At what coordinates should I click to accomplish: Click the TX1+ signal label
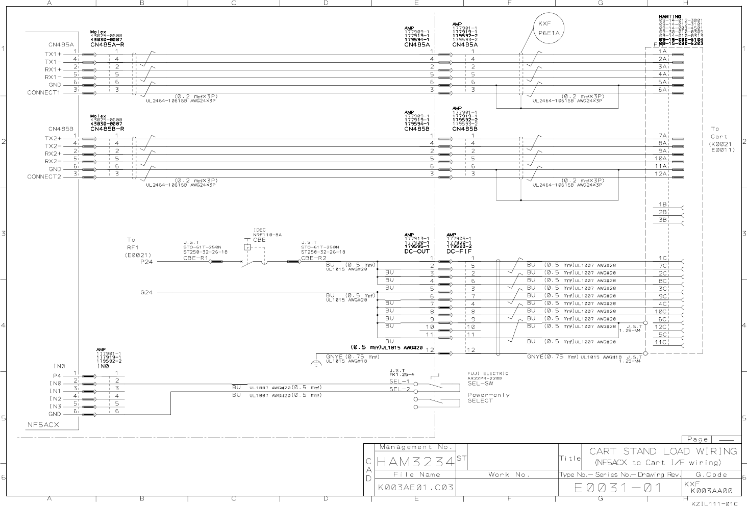pyautogui.click(x=53, y=54)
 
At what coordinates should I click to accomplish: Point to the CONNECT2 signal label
pyautogui.click(x=44, y=176)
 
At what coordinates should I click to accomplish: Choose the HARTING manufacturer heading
pyautogui.click(x=670, y=17)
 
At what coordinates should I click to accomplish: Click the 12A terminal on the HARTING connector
pyautogui.click(x=662, y=174)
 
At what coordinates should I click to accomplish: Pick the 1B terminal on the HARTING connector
pyautogui.click(x=663, y=205)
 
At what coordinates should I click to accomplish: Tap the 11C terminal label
pyautogui.click(x=661, y=342)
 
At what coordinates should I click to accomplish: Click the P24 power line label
pyautogui.click(x=146, y=261)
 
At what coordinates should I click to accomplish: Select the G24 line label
pyautogui.click(x=146, y=292)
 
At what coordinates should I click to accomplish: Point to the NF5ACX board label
pyautogui.click(x=43, y=424)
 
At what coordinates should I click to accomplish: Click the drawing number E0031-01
pyautogui.click(x=618, y=488)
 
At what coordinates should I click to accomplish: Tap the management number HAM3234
pyautogui.click(x=415, y=463)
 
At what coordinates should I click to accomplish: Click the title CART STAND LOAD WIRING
pyautogui.click(x=663, y=451)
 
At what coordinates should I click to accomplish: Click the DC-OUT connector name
pyautogui.click(x=416, y=251)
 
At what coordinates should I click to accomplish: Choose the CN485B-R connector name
pyautogui.click(x=107, y=129)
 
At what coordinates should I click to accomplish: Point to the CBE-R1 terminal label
pyautogui.click(x=195, y=258)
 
